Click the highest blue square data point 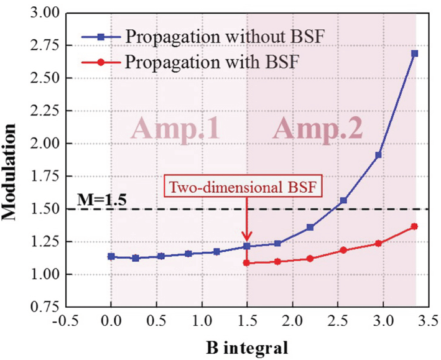[x=415, y=53]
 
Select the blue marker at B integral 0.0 [x=111, y=256]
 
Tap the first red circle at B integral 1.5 [x=247, y=263]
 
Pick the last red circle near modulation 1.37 [x=415, y=226]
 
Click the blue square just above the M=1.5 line [x=343, y=201]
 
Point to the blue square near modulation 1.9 [x=378, y=155]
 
